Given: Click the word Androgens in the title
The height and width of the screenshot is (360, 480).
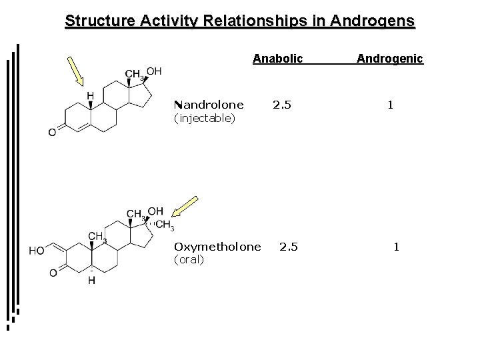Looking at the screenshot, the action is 369,21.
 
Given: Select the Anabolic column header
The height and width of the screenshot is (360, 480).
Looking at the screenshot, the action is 277,59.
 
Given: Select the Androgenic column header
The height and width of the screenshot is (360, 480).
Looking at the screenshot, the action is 389,59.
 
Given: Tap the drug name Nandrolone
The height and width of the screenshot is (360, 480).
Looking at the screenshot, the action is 208,105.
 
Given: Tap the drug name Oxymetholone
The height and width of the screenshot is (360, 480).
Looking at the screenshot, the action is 217,247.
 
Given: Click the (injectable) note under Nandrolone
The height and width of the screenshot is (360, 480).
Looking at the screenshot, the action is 203,118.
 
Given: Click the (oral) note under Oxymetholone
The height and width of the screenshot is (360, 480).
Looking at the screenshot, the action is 189,260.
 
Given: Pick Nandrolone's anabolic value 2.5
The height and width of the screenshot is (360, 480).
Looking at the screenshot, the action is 282,105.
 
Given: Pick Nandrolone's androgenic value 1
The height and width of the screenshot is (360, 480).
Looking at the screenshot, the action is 391,105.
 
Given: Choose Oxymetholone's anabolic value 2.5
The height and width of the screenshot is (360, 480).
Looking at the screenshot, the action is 289,247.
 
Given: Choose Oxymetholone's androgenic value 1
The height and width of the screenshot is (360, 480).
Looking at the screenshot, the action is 397,247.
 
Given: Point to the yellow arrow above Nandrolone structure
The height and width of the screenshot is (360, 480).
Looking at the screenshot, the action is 76,71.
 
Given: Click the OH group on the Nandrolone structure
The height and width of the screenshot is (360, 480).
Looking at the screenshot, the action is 153,71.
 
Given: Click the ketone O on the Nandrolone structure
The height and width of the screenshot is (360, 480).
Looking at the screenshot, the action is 52,133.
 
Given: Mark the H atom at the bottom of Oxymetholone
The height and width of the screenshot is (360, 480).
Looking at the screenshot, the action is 91,281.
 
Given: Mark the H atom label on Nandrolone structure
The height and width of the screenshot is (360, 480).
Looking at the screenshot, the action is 90,96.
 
